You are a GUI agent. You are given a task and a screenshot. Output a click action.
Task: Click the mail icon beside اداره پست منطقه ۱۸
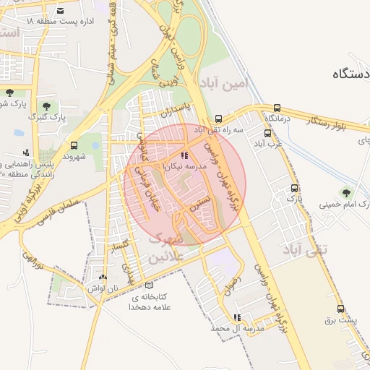[x=60, y=11]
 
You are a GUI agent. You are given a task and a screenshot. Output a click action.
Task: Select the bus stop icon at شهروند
[x=74, y=145]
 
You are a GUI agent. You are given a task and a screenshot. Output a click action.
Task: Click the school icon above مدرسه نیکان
[x=185, y=155]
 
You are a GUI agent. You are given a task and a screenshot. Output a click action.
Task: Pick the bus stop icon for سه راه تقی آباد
[x=218, y=119]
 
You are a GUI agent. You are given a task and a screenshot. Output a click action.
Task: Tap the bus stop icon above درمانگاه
[x=277, y=108]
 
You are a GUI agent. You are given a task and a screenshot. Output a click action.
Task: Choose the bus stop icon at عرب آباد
[x=268, y=133]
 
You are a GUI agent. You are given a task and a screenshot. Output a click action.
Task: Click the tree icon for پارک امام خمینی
[x=345, y=192]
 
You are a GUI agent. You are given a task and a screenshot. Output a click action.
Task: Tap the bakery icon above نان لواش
[x=103, y=277]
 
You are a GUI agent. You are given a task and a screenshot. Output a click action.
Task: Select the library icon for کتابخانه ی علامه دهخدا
[x=149, y=285]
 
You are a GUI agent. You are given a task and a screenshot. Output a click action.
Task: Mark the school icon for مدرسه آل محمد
[x=237, y=317]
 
